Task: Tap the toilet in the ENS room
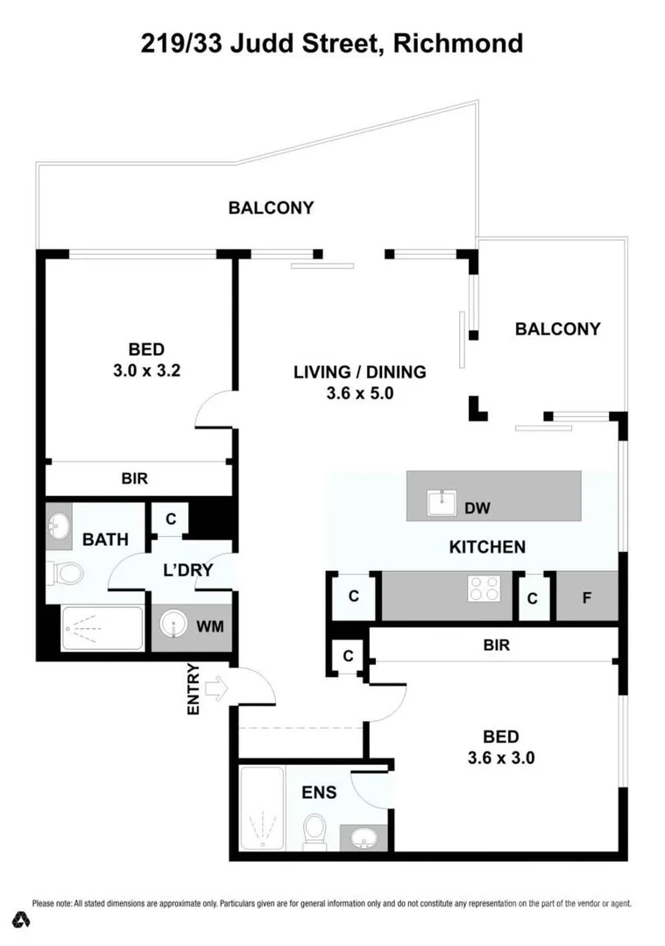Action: [x=313, y=830]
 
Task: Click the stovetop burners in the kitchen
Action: [x=483, y=587]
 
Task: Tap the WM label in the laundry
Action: [x=209, y=627]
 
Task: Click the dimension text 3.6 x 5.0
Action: [x=359, y=393]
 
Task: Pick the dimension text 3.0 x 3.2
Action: [x=146, y=370]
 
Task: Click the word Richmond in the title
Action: [x=458, y=43]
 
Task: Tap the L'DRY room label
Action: [x=188, y=569]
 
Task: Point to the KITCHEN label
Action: [x=487, y=547]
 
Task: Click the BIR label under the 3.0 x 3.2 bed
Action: [x=134, y=479]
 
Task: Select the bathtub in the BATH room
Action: [x=102, y=628]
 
